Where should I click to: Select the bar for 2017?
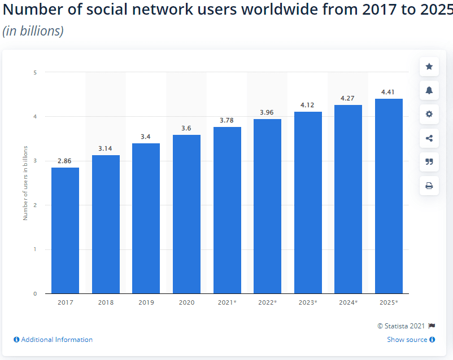(x=65, y=230)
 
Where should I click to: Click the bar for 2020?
(x=186, y=214)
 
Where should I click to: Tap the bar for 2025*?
(x=389, y=196)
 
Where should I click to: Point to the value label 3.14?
(x=106, y=148)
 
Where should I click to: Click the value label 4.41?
(x=389, y=91)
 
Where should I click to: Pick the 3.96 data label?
(x=267, y=112)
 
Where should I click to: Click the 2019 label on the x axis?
(x=146, y=302)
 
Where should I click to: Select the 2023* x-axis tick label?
(x=308, y=302)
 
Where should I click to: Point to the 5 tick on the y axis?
(x=35, y=72)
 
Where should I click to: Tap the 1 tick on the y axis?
(x=35, y=249)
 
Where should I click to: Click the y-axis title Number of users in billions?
(x=25, y=182)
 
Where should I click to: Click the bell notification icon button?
(x=429, y=90)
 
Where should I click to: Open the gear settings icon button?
(x=429, y=114)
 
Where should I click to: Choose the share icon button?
(x=429, y=138)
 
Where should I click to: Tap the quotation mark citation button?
(x=429, y=161)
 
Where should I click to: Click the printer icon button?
(x=429, y=185)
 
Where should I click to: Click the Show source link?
(x=407, y=340)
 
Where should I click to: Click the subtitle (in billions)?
(x=33, y=31)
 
